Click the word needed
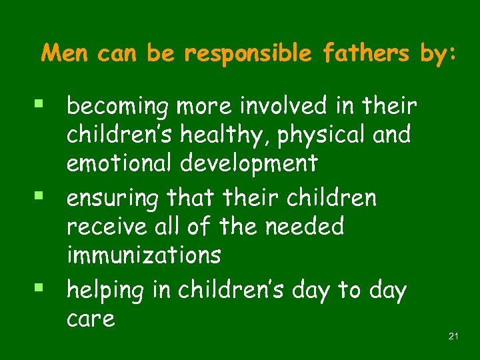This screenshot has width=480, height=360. (x=305, y=227)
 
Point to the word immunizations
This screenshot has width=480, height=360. (x=143, y=255)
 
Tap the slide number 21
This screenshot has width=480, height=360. (x=453, y=336)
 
